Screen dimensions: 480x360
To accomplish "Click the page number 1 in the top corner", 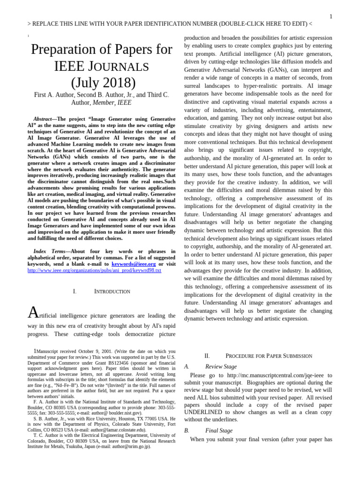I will coord(330,16).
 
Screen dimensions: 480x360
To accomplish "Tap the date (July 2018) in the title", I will coord(103,82).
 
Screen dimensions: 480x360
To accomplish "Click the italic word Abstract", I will coord(43,119).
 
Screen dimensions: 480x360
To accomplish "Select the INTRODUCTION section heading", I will coord(112,292).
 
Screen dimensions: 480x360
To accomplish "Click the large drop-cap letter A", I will coord(33,312).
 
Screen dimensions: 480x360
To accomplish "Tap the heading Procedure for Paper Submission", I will coord(269,356).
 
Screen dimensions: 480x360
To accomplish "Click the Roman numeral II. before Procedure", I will coord(207,356).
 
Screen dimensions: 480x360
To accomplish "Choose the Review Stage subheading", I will coord(221,367).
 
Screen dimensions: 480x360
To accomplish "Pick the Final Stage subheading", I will coord(218,430).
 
